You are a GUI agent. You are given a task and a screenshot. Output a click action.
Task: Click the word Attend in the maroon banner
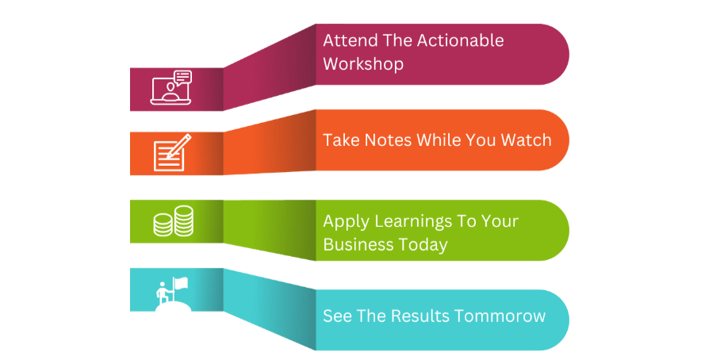click(343, 40)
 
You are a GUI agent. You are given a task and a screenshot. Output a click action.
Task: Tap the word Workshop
click(363, 63)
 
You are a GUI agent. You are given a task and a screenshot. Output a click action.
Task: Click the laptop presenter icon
click(171, 88)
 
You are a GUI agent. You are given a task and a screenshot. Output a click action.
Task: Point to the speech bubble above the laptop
click(182, 77)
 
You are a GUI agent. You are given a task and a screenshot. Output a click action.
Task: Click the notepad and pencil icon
click(172, 152)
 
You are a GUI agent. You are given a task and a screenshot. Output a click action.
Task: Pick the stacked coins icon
click(173, 221)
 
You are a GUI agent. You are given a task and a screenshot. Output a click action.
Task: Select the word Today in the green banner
click(422, 245)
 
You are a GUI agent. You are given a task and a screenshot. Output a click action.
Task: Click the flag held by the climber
click(180, 282)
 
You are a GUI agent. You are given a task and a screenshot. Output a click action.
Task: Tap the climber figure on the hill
click(163, 293)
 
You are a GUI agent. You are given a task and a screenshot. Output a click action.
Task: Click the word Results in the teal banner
click(420, 316)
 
